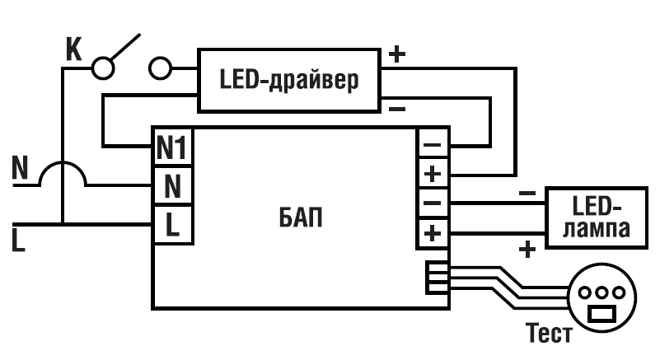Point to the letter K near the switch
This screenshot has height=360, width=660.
(x=73, y=49)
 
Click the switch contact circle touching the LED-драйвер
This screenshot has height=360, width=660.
(x=161, y=68)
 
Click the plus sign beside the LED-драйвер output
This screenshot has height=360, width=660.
(x=397, y=55)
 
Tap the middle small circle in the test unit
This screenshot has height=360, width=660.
(x=599, y=292)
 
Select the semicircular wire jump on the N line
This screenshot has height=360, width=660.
(x=63, y=171)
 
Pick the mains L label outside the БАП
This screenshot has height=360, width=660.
(x=18, y=240)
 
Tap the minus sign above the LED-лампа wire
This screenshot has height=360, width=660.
(x=527, y=194)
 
